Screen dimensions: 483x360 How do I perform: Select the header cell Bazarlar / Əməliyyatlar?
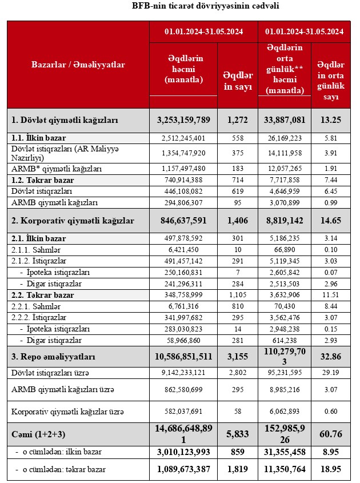pyautogui.click(x=78, y=65)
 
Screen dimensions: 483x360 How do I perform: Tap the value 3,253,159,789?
pyautogui.click(x=183, y=120)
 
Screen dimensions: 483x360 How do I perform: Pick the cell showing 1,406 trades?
pyautogui.click(x=238, y=221)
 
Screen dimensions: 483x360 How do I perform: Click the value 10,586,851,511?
pyautogui.click(x=183, y=357)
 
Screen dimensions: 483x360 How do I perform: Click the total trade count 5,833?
pyautogui.click(x=238, y=434)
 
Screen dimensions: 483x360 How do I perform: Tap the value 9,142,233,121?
pyautogui.click(x=183, y=373)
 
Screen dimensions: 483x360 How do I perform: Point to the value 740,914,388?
pyautogui.click(x=183, y=179)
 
